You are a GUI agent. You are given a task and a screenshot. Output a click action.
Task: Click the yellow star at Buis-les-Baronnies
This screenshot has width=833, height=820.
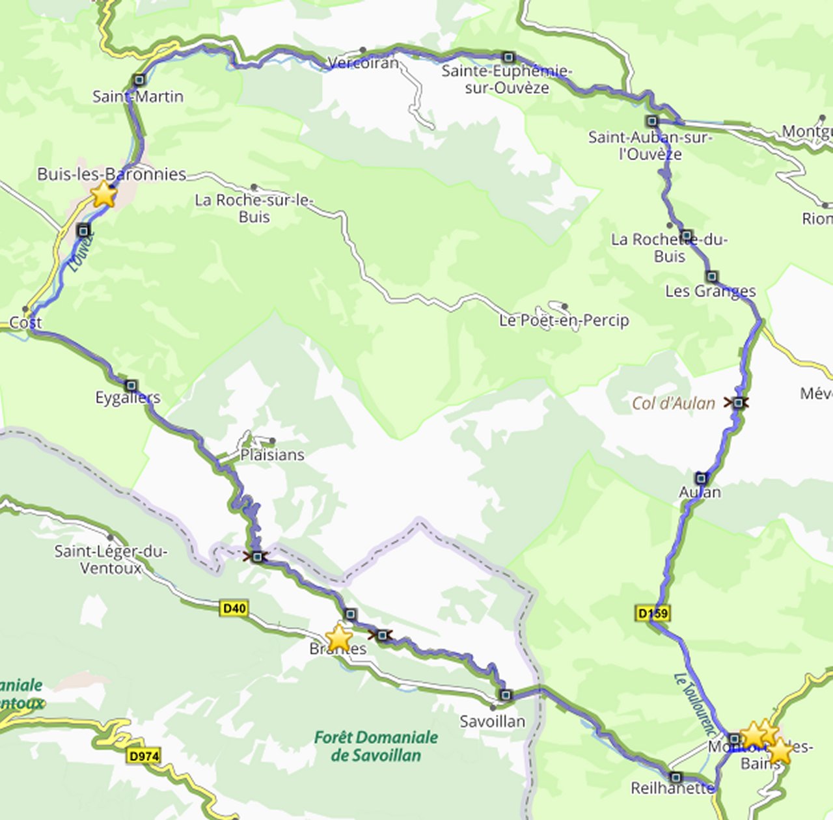click(x=103, y=194)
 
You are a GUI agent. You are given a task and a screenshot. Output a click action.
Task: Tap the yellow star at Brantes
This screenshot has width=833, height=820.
click(x=339, y=638)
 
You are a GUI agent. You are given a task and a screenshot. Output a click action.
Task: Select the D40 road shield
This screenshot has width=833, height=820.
click(x=234, y=608)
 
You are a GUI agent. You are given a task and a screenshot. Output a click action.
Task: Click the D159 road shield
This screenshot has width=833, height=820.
click(x=651, y=613)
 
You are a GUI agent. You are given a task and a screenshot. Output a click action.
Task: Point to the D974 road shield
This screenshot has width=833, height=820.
click(x=144, y=756)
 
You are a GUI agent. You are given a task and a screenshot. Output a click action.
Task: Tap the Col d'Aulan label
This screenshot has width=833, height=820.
click(x=674, y=403)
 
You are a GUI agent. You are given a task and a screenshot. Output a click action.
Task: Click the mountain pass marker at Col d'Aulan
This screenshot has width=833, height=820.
click(x=737, y=403)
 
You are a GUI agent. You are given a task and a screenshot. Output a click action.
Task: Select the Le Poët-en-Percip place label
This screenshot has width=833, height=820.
click(x=564, y=320)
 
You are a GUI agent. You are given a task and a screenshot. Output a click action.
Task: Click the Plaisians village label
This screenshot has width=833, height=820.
click(x=272, y=454)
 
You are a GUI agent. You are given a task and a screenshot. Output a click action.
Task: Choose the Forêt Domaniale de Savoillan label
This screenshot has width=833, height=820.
click(x=376, y=746)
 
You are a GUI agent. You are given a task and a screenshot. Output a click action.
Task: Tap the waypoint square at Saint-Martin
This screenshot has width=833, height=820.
click(x=139, y=80)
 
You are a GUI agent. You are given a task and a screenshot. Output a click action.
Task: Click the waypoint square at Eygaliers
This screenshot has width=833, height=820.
click(x=131, y=385)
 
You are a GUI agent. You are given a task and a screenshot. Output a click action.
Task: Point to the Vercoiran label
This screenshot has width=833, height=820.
click(x=363, y=63)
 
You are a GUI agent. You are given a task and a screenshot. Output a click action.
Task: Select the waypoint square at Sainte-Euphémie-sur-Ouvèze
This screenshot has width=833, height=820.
click(x=508, y=57)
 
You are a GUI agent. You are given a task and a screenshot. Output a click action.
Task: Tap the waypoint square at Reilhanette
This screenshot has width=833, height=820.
click(x=676, y=777)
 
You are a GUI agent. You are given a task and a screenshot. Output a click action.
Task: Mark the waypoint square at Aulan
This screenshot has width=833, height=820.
click(x=700, y=478)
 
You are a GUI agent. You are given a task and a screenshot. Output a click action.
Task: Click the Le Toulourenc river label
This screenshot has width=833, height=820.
click(x=695, y=704)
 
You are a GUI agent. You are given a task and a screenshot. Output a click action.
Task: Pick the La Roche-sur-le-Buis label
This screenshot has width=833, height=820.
click(x=254, y=208)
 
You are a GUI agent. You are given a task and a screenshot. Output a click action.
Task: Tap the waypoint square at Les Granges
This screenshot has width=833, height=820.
click(x=712, y=277)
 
